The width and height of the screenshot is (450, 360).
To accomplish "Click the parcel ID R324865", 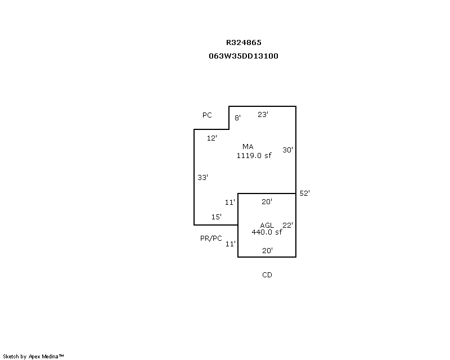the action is pyautogui.click(x=244, y=43).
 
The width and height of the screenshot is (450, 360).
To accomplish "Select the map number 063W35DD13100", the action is pyautogui.click(x=244, y=56).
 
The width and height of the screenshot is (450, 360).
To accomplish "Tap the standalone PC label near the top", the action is pyautogui.click(x=207, y=115).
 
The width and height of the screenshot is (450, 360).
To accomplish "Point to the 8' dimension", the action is pyautogui.click(x=237, y=118).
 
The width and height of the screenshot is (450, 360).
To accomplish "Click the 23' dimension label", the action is pyautogui.click(x=263, y=115).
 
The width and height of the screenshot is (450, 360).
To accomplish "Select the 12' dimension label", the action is pyautogui.click(x=212, y=138).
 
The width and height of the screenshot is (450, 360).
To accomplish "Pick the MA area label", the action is pyautogui.click(x=248, y=147).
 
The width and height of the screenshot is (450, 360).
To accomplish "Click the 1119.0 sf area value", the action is pyautogui.click(x=254, y=156).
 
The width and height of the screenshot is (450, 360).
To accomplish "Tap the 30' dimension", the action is pyautogui.click(x=287, y=150).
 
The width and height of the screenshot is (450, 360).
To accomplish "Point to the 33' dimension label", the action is pyautogui.click(x=202, y=177).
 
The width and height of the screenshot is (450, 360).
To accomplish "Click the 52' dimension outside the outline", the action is pyautogui.click(x=304, y=193).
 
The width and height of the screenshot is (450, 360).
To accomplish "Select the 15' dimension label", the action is pyautogui.click(x=217, y=217).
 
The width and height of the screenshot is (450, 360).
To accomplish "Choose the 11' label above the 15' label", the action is pyautogui.click(x=230, y=202).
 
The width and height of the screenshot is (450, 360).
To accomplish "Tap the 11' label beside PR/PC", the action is pyautogui.click(x=230, y=244).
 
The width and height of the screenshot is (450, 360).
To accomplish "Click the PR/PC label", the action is pyautogui.click(x=211, y=238).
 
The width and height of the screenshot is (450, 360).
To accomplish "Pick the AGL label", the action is pyautogui.click(x=267, y=226).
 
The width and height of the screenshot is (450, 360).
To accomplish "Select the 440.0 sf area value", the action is pyautogui.click(x=267, y=232).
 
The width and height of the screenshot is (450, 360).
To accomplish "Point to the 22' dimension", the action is pyautogui.click(x=287, y=226).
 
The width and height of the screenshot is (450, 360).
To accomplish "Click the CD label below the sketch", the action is pyautogui.click(x=267, y=275).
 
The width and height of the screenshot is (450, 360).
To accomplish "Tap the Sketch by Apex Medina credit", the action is pyautogui.click(x=33, y=357).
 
